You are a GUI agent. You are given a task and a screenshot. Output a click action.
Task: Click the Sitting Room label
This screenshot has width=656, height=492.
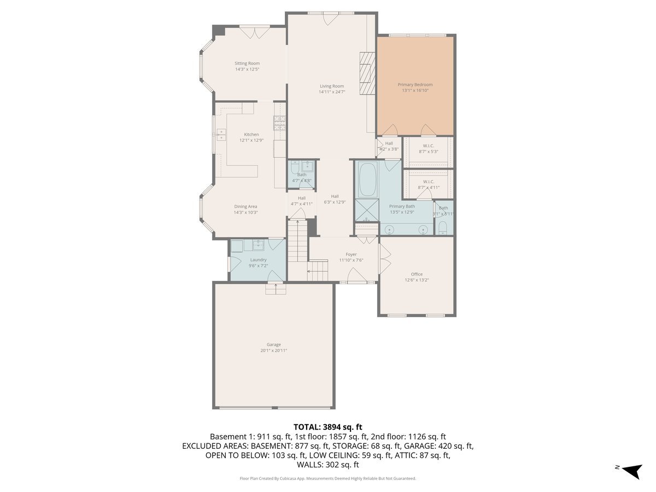coord(247,63)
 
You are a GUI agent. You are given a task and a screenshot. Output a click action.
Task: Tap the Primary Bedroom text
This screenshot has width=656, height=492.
coord(415,85)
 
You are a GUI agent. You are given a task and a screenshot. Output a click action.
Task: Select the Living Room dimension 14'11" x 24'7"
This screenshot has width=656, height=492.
coord(332,92)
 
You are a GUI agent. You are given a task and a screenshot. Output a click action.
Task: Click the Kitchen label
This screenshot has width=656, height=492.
coord(251,134)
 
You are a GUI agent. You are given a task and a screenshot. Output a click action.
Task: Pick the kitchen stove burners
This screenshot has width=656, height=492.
coord(279,124)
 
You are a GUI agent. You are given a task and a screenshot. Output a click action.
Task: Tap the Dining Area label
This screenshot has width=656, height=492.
coord(245,207)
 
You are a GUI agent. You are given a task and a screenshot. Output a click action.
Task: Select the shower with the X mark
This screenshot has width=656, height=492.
coord(366,209)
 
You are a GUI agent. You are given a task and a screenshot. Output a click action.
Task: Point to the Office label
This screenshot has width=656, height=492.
coord(417,274)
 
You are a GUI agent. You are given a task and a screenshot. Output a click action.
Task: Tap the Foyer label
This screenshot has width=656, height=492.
coord(351,254)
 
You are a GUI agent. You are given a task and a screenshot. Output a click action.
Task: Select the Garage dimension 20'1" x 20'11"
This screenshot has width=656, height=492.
coord(274,350)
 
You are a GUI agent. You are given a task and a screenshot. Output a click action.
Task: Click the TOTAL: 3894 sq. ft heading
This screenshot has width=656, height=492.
coord(328,427)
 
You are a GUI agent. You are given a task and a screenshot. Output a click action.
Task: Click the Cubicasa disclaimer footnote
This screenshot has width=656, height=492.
coord(328,478)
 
